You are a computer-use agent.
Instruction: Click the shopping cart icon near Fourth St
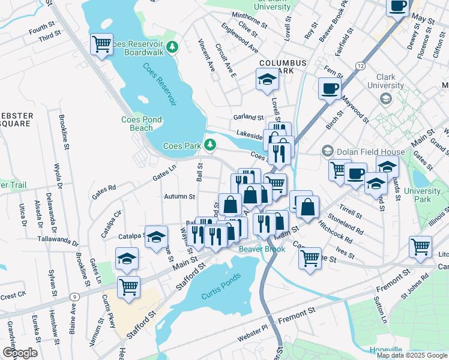[101, 44]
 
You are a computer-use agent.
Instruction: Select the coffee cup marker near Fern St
[329, 89]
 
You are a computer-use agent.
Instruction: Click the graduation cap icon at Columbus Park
[267, 79]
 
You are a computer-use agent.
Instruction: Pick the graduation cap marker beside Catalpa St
[156, 237]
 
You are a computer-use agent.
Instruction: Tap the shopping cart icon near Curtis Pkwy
[128, 287]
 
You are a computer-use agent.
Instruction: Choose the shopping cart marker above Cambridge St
[310, 259]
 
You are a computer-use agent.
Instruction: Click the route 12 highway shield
[360, 65]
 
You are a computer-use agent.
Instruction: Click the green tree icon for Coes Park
[210, 145]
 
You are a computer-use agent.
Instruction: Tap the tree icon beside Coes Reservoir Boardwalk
[172, 46]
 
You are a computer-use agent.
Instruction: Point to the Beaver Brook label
[262, 248]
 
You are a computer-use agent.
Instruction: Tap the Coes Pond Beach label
[142, 124]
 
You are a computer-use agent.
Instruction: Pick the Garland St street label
[249, 118]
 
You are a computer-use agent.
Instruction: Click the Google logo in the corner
[20, 353]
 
